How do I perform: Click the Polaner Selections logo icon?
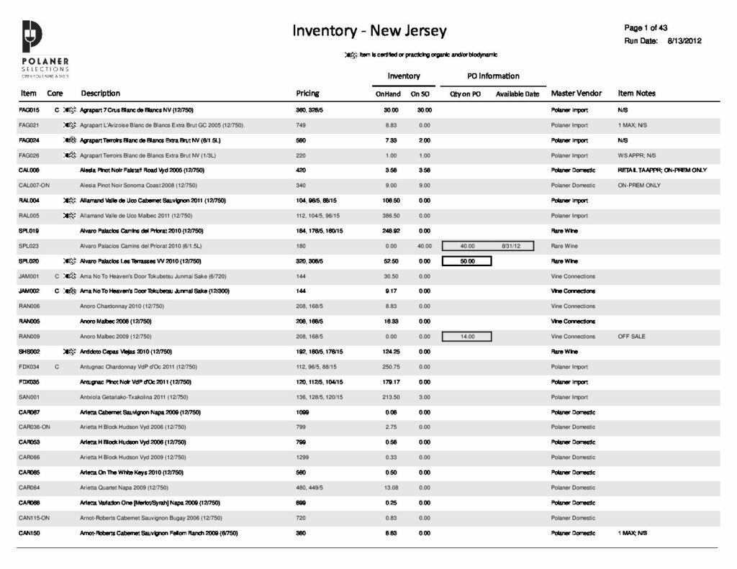coord(33,36)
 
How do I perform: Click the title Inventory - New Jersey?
coord(369,31)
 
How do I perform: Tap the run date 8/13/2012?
coord(684,41)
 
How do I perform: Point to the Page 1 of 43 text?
coord(647,28)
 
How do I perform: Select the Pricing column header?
coord(307,94)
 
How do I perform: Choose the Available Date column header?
coord(517,94)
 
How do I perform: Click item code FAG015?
coord(29,110)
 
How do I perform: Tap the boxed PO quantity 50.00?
coord(467,261)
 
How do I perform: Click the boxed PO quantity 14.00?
coord(467,337)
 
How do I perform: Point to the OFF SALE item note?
coord(631,337)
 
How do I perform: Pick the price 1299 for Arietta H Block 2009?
coord(304,458)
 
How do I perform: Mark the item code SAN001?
coord(29,397)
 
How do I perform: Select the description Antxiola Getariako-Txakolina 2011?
coord(134,397)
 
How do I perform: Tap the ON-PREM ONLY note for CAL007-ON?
coord(639,186)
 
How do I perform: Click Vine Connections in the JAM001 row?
coord(573,276)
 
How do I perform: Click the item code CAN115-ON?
coord(33,518)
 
